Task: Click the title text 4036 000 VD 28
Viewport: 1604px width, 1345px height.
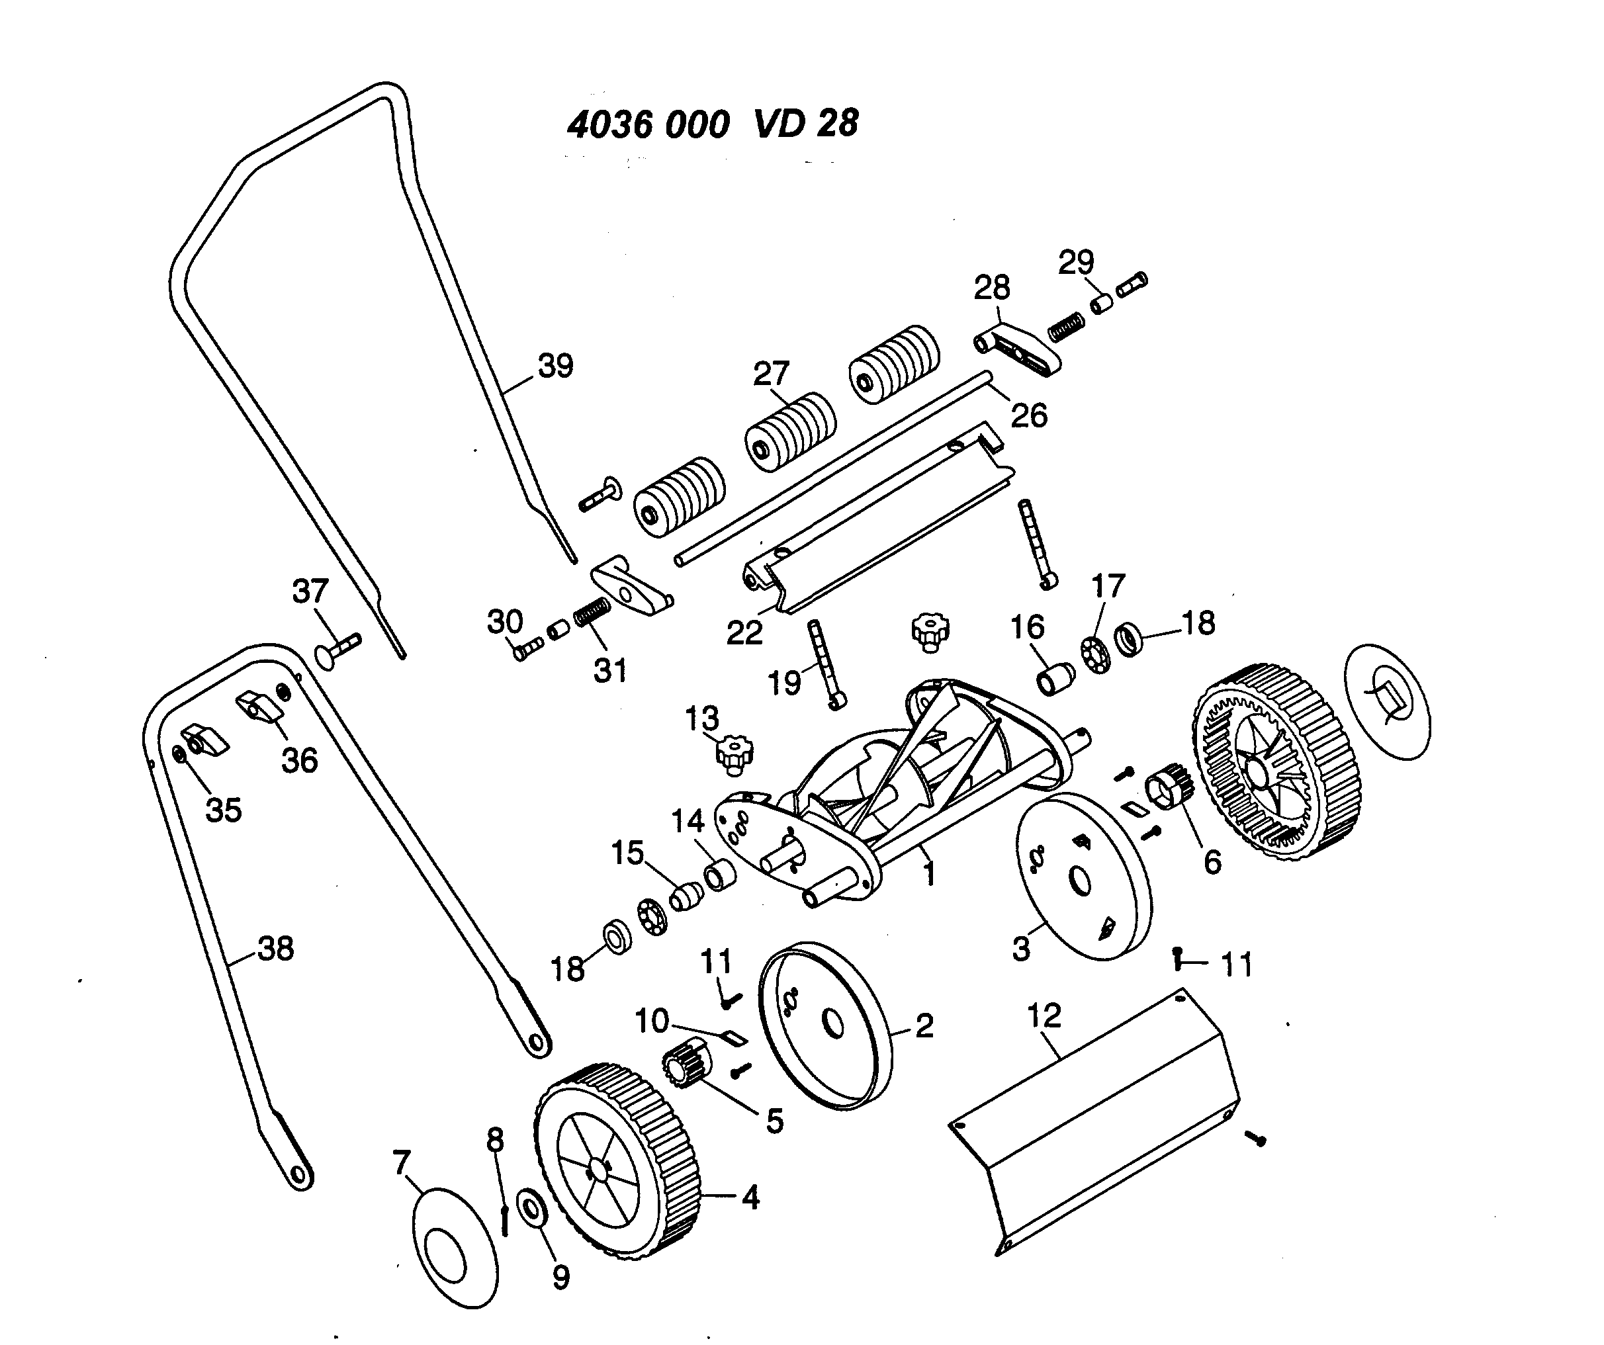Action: pyautogui.click(x=712, y=124)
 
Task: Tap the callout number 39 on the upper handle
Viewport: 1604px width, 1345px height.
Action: pyautogui.click(x=555, y=366)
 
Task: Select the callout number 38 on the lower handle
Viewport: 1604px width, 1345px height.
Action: pyautogui.click(x=276, y=949)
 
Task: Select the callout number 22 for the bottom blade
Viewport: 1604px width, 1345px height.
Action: pyautogui.click(x=744, y=632)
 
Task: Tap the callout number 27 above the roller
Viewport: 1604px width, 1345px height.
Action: pyautogui.click(x=771, y=374)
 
